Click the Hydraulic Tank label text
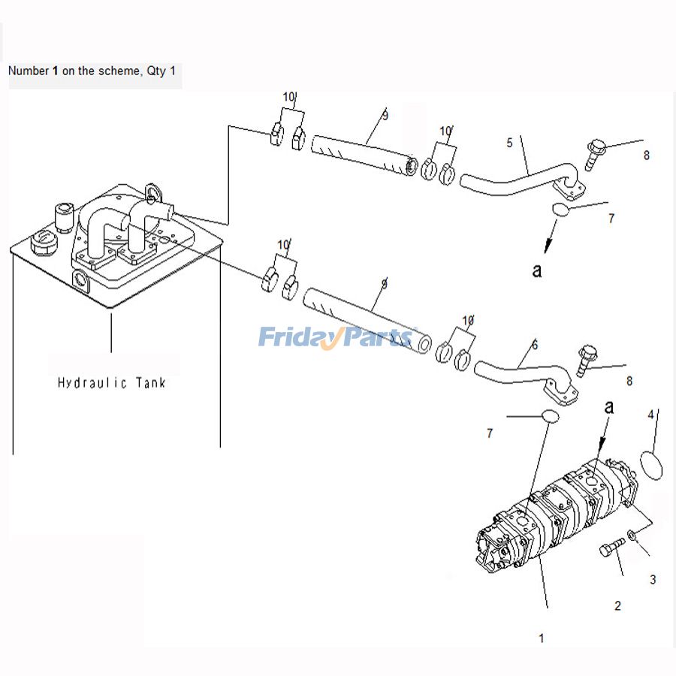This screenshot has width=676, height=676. coord(112,383)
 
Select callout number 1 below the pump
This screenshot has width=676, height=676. coord(541,638)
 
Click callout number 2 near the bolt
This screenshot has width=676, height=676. coord(617,606)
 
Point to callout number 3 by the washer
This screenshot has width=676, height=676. coord(653,580)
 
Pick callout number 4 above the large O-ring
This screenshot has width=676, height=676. coord(650,415)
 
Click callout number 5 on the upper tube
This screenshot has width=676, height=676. coord(509,143)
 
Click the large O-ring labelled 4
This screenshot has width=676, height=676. coord(651,463)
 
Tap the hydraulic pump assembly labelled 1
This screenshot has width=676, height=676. coord(556,518)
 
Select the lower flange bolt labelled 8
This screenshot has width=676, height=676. coord(587,360)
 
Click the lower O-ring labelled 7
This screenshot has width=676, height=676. coord(550,416)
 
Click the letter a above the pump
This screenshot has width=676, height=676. coord(609,406)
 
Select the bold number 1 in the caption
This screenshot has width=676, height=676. coord(55,71)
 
